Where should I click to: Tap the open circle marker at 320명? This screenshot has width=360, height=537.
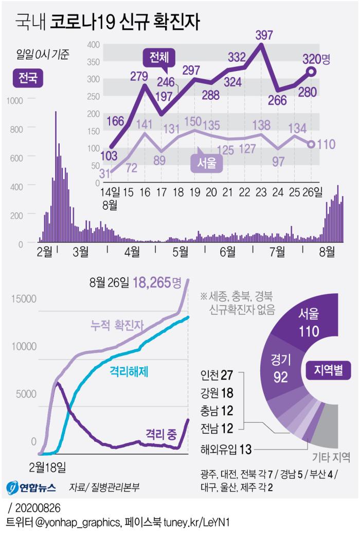pyautogui.click(x=311, y=72)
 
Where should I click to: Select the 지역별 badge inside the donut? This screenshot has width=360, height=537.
pyautogui.click(x=328, y=369)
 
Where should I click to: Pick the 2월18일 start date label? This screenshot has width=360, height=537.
pyautogui.click(x=47, y=467)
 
